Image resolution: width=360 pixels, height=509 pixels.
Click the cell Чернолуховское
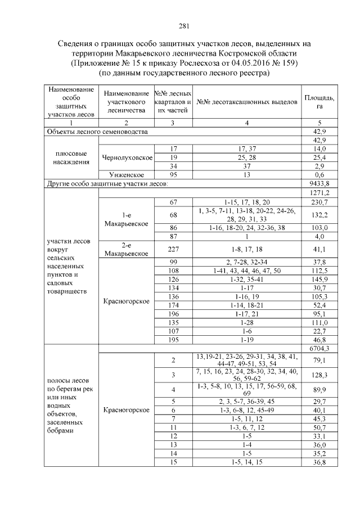126,157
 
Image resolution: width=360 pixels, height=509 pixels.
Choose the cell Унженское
126,175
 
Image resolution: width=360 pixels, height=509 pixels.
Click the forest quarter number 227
174,248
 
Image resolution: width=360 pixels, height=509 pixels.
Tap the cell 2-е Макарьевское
126,249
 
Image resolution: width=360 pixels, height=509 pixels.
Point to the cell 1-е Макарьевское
126,219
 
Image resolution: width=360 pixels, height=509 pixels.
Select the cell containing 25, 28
247,157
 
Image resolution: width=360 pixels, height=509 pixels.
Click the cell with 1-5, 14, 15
247,462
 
